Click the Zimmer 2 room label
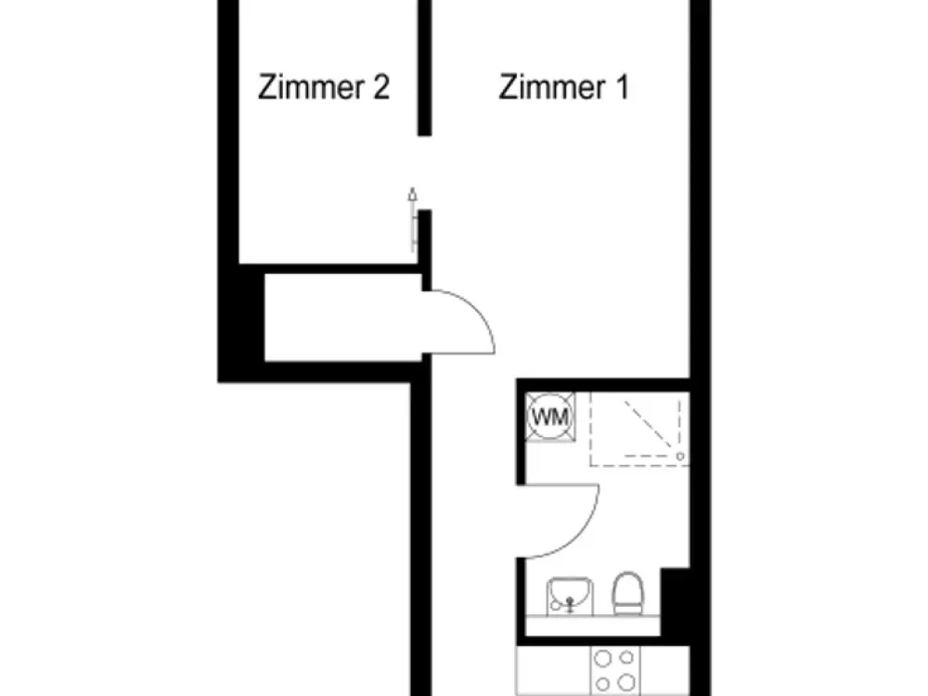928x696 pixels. coord(324,87)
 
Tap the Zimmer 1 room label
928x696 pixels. coord(563,87)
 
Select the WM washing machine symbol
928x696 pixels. coord(550,417)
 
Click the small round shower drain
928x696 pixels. coord(680,457)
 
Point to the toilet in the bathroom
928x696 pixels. coord(627,593)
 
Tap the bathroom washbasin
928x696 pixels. coord(570,596)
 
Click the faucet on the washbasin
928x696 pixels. coord(570,604)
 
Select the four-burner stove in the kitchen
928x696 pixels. coord(615,671)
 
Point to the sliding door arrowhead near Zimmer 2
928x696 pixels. coord(413,194)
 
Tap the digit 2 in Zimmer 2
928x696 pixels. coord(381,87)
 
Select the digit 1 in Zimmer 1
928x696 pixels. coord(622,87)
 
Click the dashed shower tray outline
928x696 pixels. coord(639,465)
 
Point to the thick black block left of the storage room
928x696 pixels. coord(241,323)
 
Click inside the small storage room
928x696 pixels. coord(342,317)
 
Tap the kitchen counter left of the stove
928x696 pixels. coord(553,671)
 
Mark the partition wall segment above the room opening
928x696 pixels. coord(424,68)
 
